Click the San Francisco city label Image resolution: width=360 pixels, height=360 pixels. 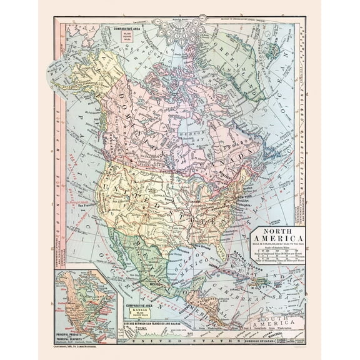tap(87, 205)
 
